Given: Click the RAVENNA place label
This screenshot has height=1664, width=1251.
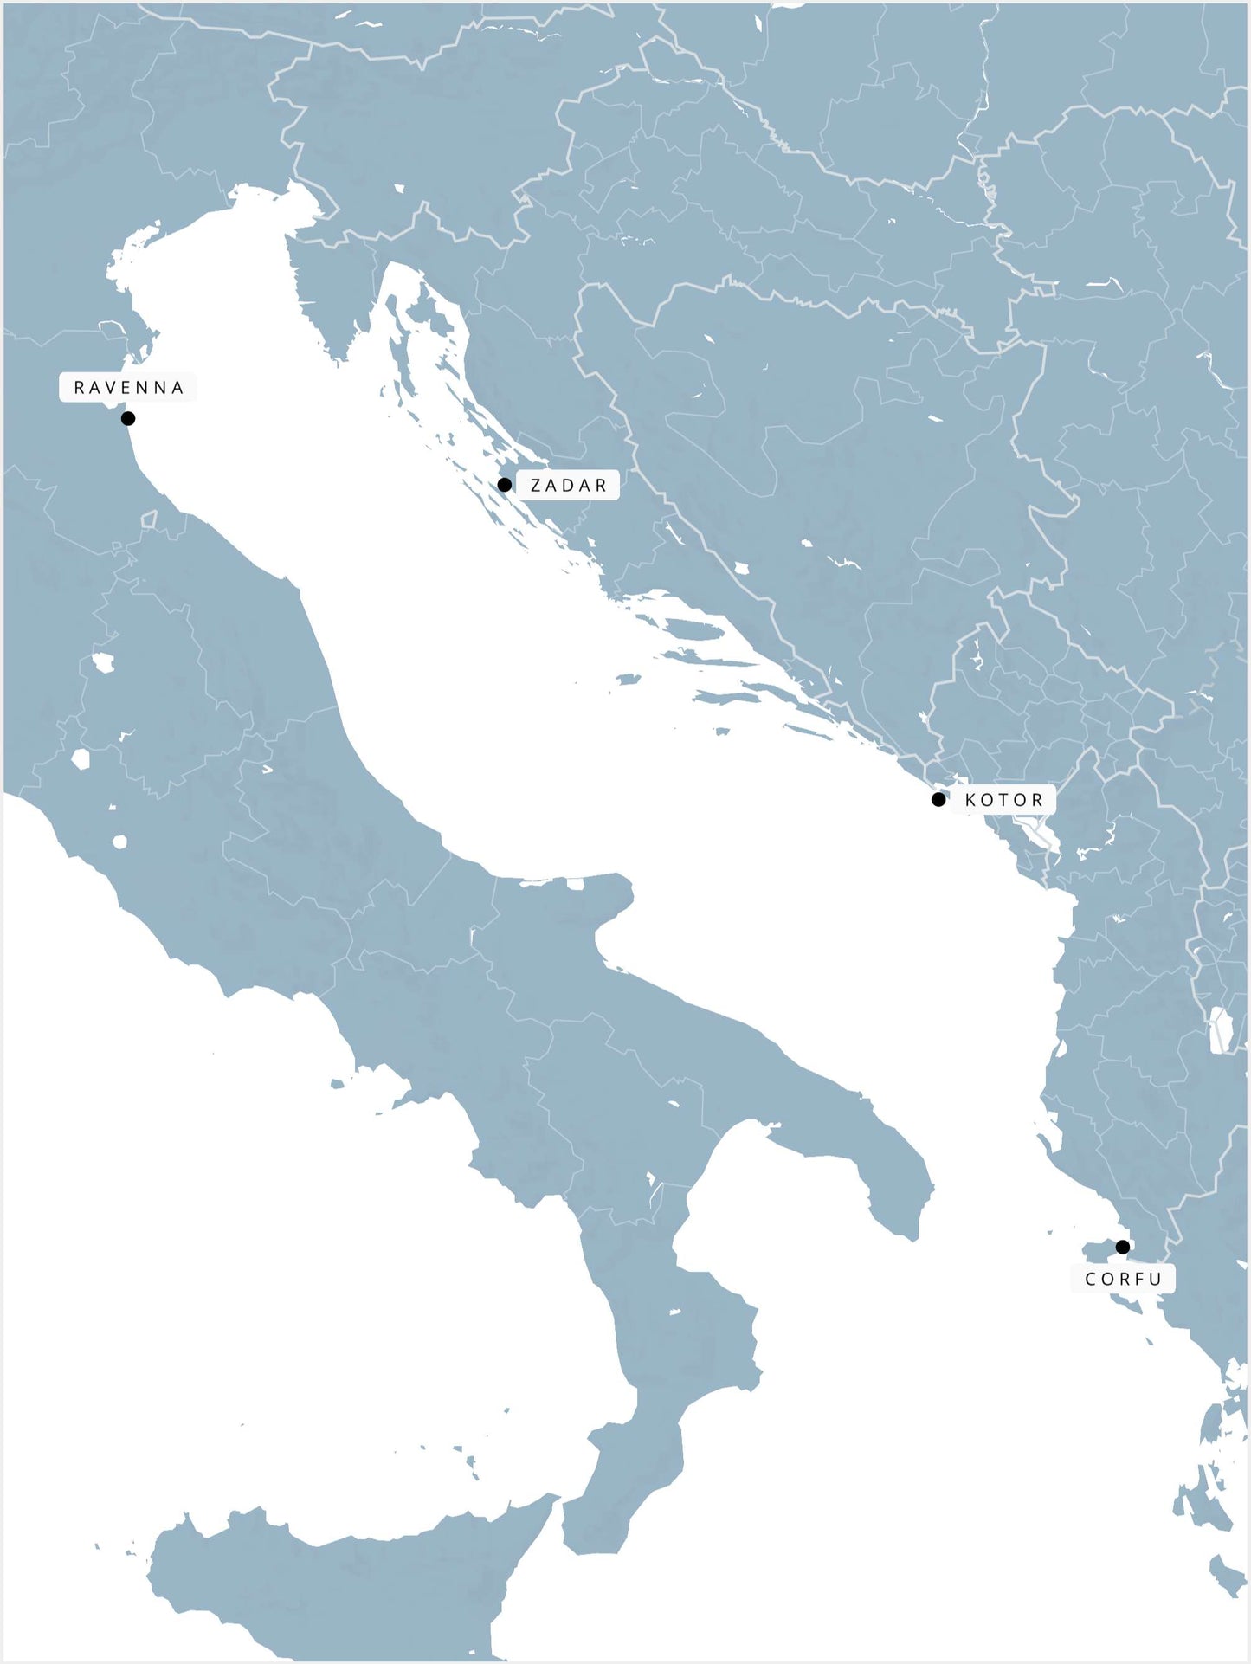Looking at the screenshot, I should tap(128, 387).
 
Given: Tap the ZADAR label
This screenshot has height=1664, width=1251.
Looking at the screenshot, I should tap(568, 485).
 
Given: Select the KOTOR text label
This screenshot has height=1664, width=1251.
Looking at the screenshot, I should tap(1003, 799).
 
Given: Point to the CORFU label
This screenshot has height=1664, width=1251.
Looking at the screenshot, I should tap(1123, 1279).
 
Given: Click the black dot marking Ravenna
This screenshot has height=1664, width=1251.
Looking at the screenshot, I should tap(128, 418).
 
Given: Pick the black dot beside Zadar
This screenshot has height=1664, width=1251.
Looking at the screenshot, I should tap(505, 485).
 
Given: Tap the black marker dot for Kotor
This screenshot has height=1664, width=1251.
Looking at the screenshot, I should tap(938, 799).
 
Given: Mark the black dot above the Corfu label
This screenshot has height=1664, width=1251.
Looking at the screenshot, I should tap(1123, 1247).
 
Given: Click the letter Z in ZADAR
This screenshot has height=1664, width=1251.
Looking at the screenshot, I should tap(536, 486).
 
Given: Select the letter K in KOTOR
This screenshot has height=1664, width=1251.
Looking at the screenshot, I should tap(970, 800).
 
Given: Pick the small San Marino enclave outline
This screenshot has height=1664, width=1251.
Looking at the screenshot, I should tap(149, 519).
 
